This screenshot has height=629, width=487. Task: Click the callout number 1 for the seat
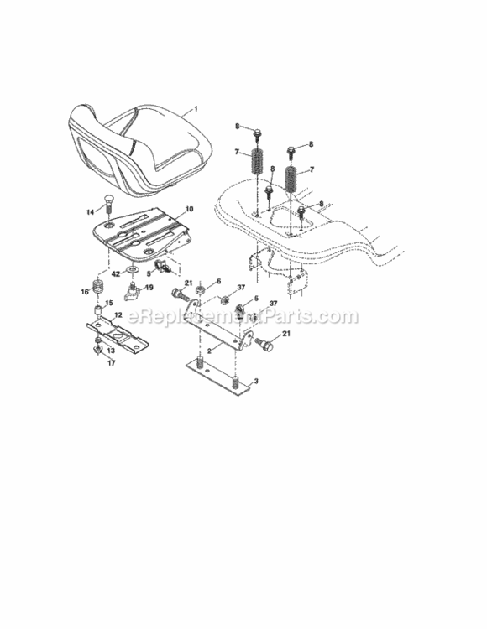click(196, 108)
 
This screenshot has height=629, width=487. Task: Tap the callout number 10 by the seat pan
click(190, 209)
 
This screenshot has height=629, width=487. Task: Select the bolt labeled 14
click(108, 205)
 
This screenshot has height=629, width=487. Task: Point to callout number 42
click(116, 274)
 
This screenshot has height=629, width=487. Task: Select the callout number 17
click(111, 362)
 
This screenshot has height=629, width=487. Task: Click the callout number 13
click(111, 351)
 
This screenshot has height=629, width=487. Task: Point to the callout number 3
click(256, 381)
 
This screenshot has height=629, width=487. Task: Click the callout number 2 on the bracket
click(209, 351)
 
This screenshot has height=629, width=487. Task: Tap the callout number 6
click(218, 281)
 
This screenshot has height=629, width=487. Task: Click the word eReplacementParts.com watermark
click(243, 316)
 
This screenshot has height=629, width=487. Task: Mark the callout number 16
click(85, 292)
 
